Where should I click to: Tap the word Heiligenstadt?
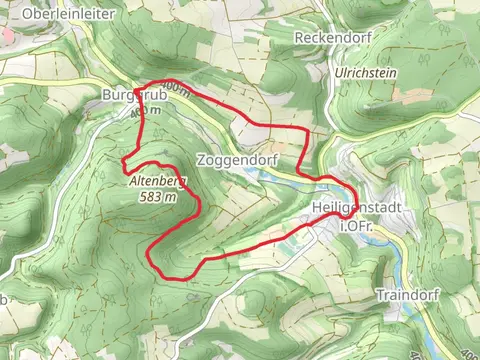tap(357, 206)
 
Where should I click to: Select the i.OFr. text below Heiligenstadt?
tap(357, 227)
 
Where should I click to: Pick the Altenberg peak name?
tap(158, 182)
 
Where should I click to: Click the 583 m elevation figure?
tap(158, 197)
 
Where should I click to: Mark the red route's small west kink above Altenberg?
tap(124, 159)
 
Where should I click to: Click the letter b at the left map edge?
tap(4, 298)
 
